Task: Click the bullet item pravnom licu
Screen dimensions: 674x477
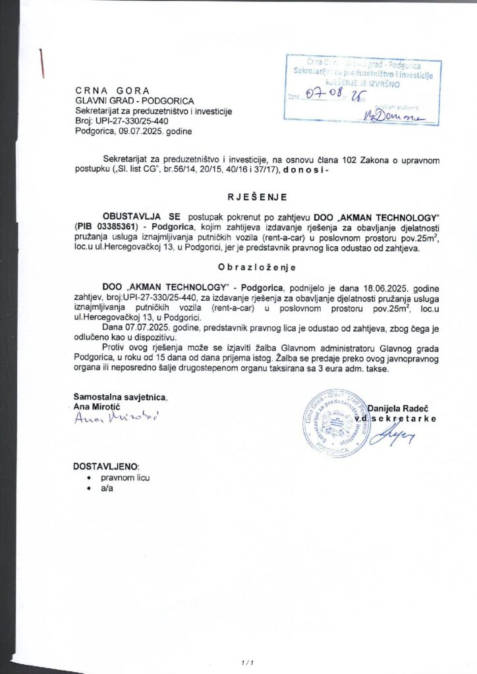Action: [125, 477]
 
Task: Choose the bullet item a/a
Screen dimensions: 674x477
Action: [107, 488]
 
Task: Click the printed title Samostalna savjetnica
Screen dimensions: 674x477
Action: [121, 397]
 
